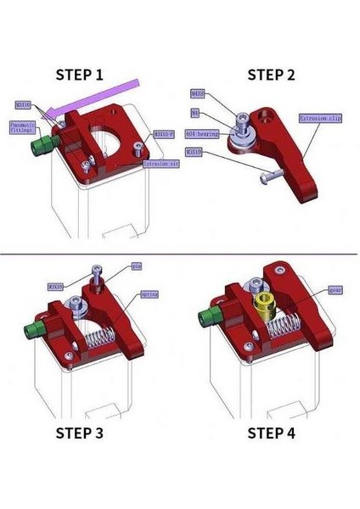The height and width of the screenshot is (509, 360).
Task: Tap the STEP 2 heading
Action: tap(271, 75)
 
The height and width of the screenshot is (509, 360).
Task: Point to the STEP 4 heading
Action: tap(271, 433)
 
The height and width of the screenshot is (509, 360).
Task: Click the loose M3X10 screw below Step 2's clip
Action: tap(268, 175)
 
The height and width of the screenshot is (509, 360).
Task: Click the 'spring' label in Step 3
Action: tap(149, 294)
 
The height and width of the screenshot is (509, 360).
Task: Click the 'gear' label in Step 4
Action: tap(335, 290)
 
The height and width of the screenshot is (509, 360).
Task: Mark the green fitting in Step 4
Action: tap(205, 320)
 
